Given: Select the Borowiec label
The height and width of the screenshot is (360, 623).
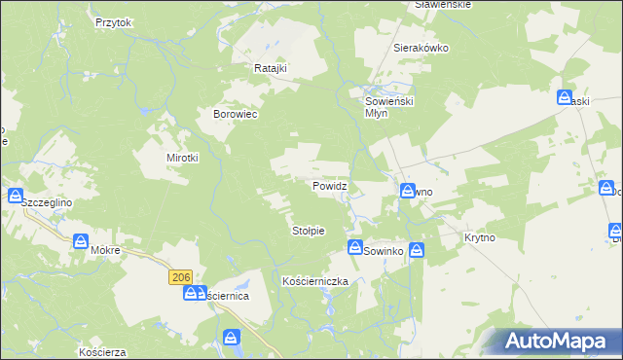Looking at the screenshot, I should pyautogui.click(x=234, y=114).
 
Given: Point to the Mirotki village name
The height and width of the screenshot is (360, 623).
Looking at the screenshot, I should pyautogui.click(x=182, y=158).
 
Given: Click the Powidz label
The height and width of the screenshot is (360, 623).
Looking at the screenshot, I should pyautogui.click(x=329, y=185).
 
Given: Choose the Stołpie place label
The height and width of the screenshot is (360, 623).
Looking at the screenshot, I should pyautogui.click(x=309, y=231).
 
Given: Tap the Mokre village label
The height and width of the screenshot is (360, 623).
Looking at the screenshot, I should pyautogui.click(x=104, y=250).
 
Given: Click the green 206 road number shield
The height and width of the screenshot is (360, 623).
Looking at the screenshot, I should pyautogui.click(x=179, y=277).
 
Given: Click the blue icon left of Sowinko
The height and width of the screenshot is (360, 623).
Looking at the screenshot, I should pyautogui.click(x=355, y=248).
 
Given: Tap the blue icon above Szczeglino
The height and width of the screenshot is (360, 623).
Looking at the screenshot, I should pyautogui.click(x=16, y=196).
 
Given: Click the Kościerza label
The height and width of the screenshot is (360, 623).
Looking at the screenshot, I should pyautogui.click(x=104, y=350).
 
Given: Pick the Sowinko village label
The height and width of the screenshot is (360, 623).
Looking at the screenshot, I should pyautogui.click(x=384, y=251).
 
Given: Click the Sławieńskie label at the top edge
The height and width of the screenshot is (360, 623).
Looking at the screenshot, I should pyautogui.click(x=443, y=5).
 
